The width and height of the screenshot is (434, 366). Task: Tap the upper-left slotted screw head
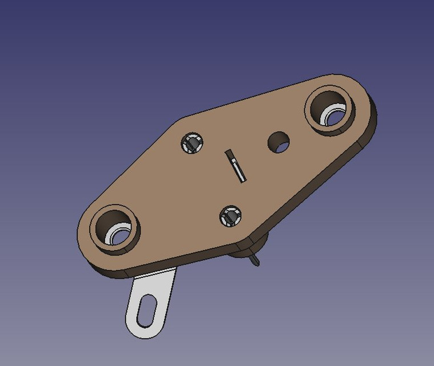pos(192,143)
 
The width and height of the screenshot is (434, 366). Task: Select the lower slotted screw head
pos(230,216)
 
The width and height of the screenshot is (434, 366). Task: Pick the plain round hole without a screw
pos(278,142)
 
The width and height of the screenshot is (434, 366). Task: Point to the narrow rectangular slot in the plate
pos(236,166)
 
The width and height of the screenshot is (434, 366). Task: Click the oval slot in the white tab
pos(147,309)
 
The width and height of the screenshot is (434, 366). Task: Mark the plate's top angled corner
pos(182,120)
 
